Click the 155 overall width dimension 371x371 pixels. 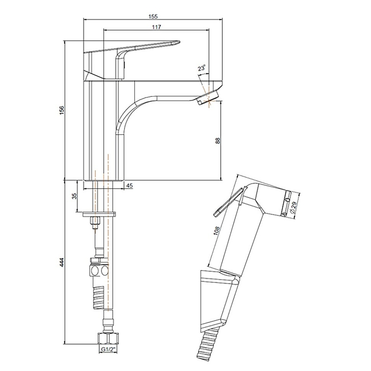pos(153,16)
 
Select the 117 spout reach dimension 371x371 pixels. pos(156,27)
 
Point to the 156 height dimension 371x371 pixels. pos(62,110)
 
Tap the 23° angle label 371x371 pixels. pos(202,68)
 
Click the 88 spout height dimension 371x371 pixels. pos(217,141)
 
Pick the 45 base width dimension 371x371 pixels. pos(129,186)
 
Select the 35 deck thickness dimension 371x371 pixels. pos(75,196)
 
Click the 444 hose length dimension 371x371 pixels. pos(62,262)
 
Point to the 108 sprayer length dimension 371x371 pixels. pos(217,230)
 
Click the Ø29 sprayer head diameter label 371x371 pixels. pos(294,207)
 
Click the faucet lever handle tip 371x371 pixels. pos(178,42)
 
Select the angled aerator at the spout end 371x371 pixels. pos(208,97)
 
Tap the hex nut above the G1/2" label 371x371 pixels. pos(108,339)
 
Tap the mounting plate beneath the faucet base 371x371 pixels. pos(99,214)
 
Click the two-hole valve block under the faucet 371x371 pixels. pos(99,271)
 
